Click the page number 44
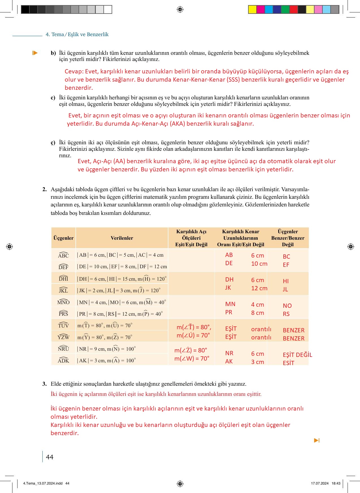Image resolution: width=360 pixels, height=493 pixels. pyautogui.click(x=50, y=457)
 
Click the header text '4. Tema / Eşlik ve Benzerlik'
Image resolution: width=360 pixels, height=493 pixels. pyautogui.click(x=77, y=34)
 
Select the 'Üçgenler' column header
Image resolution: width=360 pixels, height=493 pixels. pyautogui.click(x=63, y=238)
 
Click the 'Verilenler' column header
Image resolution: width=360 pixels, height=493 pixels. pyautogui.click(x=122, y=238)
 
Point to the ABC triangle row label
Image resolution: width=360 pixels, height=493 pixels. pyautogui.click(x=63, y=255)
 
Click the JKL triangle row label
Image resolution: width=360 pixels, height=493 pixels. pyautogui.click(x=63, y=290)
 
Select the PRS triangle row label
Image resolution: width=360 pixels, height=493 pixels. pyautogui.click(x=63, y=314)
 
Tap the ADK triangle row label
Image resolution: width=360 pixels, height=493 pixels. pyautogui.click(x=63, y=361)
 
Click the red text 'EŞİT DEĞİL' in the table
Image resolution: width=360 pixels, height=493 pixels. pyautogui.click(x=297, y=355)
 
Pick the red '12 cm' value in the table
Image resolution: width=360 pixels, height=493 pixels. pyautogui.click(x=259, y=288)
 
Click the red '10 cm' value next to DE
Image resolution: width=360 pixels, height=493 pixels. pyautogui.click(x=259, y=264)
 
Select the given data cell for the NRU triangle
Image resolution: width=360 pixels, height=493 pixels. pyautogui.click(x=107, y=349)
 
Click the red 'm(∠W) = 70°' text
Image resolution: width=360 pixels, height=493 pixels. pyautogui.click(x=192, y=359)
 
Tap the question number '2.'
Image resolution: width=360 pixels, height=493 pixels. pyautogui.click(x=44, y=189)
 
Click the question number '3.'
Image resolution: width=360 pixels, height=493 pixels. pyautogui.click(x=44, y=384)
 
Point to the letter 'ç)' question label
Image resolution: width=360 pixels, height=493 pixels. pyautogui.click(x=53, y=143)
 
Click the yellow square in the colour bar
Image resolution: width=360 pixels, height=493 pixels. pyautogui.click(x=252, y=10)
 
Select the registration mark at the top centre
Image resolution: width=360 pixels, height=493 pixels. pyautogui.click(x=180, y=10)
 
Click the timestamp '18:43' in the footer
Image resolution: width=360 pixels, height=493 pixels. pyautogui.click(x=336, y=483)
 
